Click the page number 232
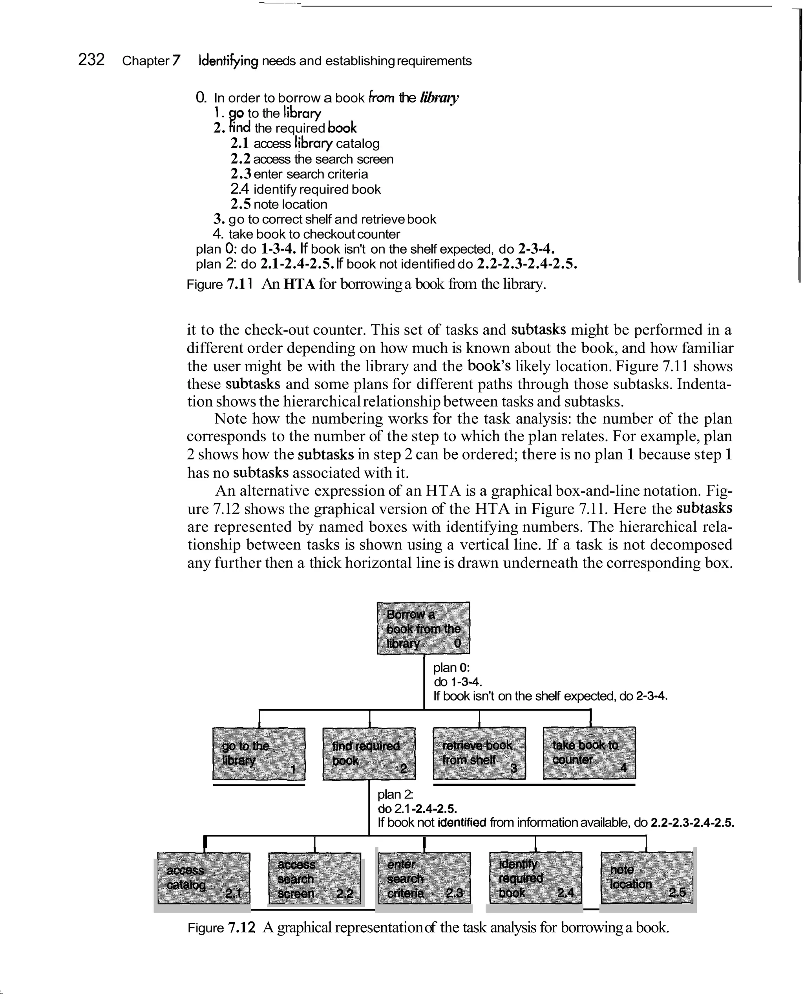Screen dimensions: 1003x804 (91, 60)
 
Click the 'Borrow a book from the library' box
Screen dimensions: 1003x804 (423, 628)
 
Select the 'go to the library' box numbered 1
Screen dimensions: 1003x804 (259, 754)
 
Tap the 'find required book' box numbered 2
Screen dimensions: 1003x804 (369, 754)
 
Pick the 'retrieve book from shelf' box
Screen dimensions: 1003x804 (479, 753)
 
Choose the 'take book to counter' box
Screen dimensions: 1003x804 (589, 753)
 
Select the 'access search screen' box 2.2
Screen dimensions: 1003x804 (315, 879)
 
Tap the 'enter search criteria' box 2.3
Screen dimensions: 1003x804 (424, 879)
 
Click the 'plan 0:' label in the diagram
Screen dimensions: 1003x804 (451, 668)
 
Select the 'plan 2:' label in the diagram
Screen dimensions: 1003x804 (395, 794)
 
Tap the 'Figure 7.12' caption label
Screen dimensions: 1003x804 (221, 928)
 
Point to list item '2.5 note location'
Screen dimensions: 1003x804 (279, 204)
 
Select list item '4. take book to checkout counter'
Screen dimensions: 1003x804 (307, 234)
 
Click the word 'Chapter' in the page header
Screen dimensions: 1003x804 (146, 61)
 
